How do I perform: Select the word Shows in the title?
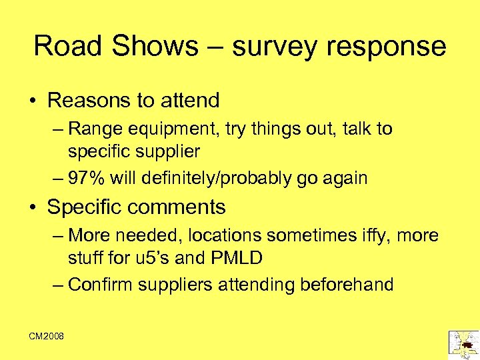coord(155,46)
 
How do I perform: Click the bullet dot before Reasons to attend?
coord(32,101)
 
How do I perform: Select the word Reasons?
coord(89,101)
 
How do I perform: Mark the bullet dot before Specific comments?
coord(32,207)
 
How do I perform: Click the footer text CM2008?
coord(46,337)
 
